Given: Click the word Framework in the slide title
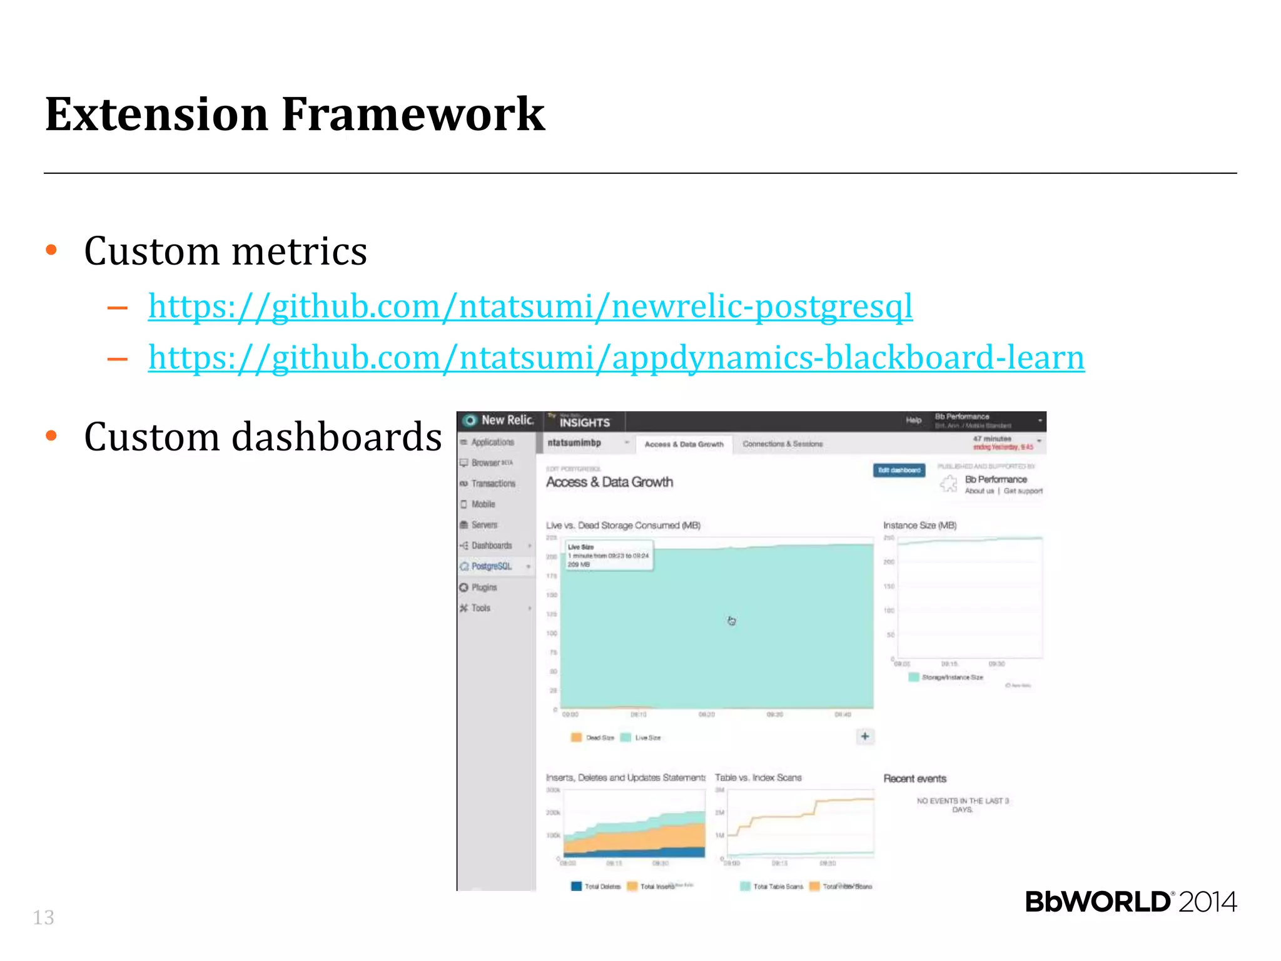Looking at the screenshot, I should [413, 114].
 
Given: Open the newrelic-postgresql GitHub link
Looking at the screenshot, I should [530, 307].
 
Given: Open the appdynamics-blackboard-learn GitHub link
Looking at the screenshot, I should [615, 358].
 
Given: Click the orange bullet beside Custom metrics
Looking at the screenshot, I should [52, 250].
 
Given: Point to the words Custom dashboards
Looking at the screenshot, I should [263, 437].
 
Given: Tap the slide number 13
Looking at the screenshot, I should [43, 917].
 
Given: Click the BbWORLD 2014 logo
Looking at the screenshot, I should [1130, 902].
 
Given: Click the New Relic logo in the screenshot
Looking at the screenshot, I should [499, 420].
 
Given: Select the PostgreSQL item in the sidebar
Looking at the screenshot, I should [491, 566].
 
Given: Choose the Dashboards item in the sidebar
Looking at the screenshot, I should [491, 546].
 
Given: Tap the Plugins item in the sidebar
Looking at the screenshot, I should [484, 587].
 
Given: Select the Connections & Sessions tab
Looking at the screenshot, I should [782, 444].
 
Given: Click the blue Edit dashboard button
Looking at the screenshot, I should [899, 470].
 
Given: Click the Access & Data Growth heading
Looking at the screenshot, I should [609, 482].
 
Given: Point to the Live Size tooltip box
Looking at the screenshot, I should [609, 556].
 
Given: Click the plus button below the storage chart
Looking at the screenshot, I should [864, 736].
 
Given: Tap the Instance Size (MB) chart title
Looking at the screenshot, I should [919, 525].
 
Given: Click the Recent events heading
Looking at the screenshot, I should [914, 778].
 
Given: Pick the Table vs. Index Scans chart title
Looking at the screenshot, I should [758, 778].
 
